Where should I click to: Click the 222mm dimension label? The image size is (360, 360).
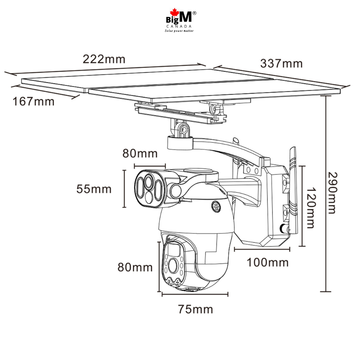(x=104, y=59)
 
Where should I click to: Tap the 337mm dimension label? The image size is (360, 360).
(x=281, y=63)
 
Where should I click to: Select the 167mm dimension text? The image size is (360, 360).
(x=33, y=101)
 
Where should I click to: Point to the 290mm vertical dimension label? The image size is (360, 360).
(x=333, y=193)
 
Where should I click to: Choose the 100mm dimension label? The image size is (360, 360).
(x=268, y=262)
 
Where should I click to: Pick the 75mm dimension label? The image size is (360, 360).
(x=195, y=309)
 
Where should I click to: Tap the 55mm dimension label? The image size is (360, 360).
(x=94, y=189)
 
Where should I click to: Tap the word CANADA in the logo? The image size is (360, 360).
(x=179, y=26)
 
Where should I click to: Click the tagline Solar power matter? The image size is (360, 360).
(x=179, y=30)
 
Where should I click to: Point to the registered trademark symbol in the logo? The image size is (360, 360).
(x=195, y=13)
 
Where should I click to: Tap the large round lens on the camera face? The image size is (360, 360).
(x=173, y=264)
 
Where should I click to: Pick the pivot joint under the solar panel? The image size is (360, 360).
(x=181, y=130)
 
